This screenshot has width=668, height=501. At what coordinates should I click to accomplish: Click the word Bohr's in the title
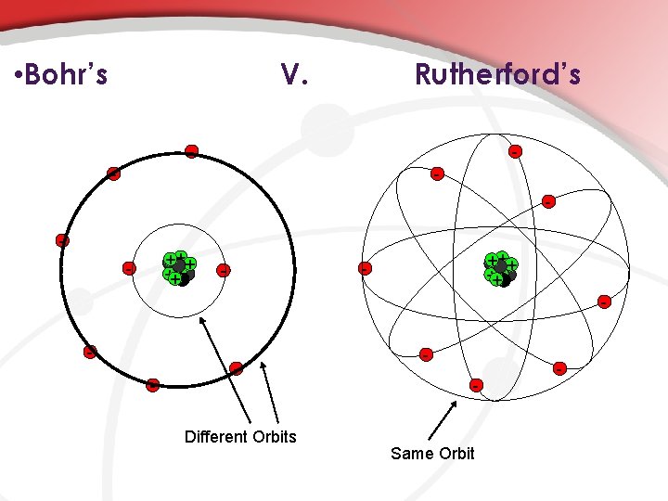[68, 74]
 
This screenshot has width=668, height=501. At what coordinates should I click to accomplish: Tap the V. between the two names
[294, 74]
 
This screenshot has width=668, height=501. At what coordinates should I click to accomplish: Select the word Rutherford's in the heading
[497, 74]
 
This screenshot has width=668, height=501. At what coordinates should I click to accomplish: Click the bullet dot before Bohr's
[19, 75]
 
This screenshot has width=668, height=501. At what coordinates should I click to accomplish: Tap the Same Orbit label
[432, 453]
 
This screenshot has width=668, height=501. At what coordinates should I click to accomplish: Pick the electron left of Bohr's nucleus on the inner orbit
[129, 268]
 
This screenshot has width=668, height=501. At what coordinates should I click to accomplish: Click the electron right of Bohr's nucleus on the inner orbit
[224, 270]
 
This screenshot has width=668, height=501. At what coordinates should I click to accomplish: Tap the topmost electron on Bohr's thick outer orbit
[191, 151]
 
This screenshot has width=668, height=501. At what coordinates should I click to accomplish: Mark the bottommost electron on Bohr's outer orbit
[153, 384]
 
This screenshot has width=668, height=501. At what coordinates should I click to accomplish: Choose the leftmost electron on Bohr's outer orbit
[62, 240]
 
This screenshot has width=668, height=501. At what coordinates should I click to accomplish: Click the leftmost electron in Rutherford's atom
[365, 269]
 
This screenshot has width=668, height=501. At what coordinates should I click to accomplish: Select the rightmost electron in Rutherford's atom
[604, 302]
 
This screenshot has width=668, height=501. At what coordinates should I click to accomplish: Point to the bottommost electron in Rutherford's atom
[476, 384]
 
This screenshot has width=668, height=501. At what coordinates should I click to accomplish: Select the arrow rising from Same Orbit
[442, 419]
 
